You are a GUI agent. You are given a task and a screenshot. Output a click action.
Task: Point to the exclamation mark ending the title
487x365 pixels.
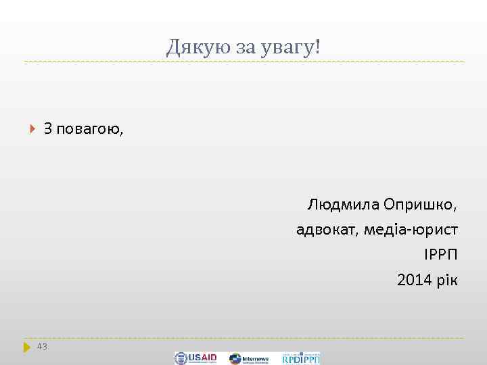pyautogui.click(x=318, y=47)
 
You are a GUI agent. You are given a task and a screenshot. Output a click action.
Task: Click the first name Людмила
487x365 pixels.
pyautogui.click(x=343, y=204)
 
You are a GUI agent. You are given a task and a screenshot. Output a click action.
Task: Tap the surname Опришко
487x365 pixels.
pyautogui.click(x=420, y=204)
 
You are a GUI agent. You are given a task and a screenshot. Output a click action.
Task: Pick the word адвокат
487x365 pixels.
pyautogui.click(x=327, y=230)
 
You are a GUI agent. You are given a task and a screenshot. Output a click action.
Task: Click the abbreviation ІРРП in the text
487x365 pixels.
pyautogui.click(x=441, y=255)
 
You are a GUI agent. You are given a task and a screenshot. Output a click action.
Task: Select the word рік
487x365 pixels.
pyautogui.click(x=446, y=280)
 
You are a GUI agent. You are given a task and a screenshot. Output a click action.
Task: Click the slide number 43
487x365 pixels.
pyautogui.click(x=42, y=347)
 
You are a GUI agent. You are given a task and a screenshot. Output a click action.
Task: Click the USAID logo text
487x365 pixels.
pyautogui.click(x=204, y=358)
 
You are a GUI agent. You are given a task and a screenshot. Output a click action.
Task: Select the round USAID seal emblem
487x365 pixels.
pyautogui.click(x=181, y=358)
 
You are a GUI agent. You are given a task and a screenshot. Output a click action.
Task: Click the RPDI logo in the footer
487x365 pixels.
pyautogui.click(x=301, y=358)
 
